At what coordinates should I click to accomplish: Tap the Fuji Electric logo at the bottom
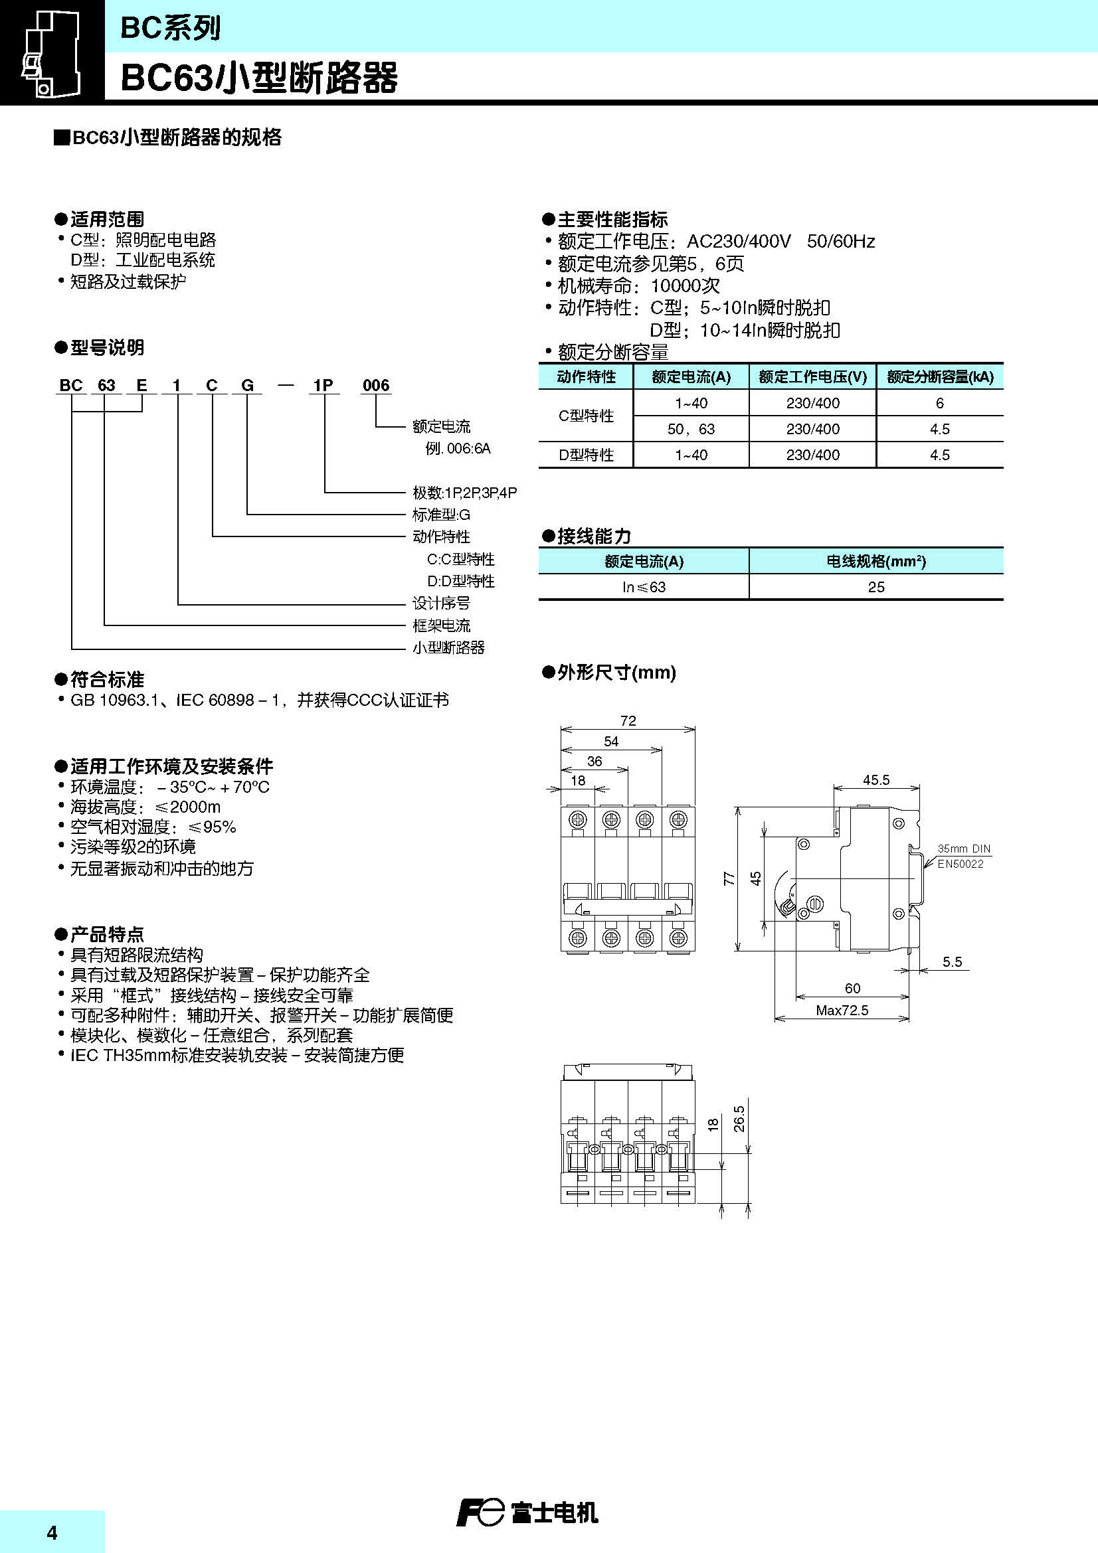[x=527, y=1512]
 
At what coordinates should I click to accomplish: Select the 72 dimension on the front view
[x=628, y=721]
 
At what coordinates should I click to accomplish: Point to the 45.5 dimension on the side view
[x=875, y=780]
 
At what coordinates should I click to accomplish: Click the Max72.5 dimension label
[x=842, y=1011]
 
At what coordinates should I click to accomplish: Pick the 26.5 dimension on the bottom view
[x=739, y=1119]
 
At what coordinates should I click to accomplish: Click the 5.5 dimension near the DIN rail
[x=951, y=961]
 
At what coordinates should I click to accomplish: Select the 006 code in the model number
[x=375, y=386]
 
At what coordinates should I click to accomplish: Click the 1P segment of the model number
[x=323, y=386]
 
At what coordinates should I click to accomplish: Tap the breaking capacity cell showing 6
[x=939, y=403]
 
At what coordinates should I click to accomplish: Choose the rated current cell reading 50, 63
[x=691, y=429]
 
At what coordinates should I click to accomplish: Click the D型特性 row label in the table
[x=586, y=455]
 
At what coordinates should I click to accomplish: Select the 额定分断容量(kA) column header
[x=940, y=377]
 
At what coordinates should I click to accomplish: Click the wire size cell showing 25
[x=875, y=587]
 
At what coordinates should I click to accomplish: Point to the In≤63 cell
[x=644, y=587]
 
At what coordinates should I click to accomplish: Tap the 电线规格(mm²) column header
[x=875, y=562]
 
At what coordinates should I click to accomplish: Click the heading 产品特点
[x=107, y=935]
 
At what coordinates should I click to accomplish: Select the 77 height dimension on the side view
[x=729, y=878]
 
